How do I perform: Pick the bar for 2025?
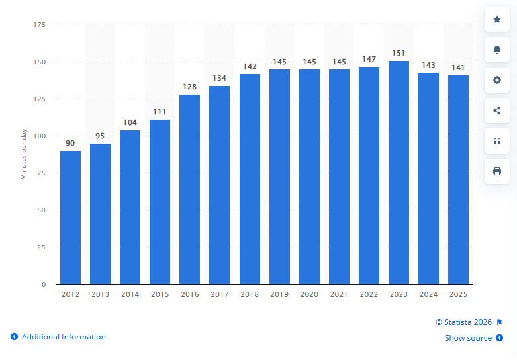(x=458, y=179)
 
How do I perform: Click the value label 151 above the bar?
(x=399, y=53)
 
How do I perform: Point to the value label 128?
(x=189, y=87)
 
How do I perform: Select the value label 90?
(x=70, y=143)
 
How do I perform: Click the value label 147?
(x=369, y=59)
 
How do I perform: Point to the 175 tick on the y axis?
(x=39, y=25)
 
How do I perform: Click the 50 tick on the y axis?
(x=41, y=210)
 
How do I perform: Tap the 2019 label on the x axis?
(x=279, y=294)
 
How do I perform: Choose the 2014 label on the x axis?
(x=130, y=294)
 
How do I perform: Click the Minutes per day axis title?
(x=24, y=154)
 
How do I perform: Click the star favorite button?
(x=497, y=19)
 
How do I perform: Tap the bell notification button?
(x=497, y=50)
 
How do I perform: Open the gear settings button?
(x=497, y=80)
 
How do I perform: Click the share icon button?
(x=497, y=111)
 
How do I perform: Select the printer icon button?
(x=497, y=171)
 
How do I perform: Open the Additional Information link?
(x=63, y=337)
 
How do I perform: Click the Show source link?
(x=468, y=338)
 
